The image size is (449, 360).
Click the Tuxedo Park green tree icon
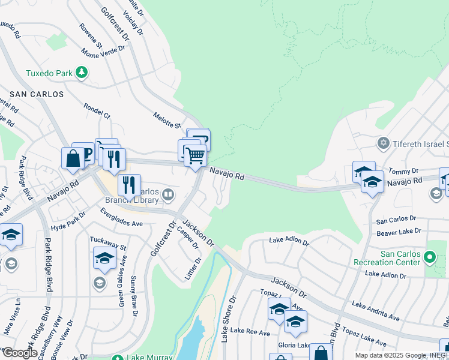[x=82, y=73]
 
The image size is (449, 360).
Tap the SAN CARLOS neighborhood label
[x=36, y=94]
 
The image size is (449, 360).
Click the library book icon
[x=169, y=194]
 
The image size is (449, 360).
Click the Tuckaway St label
[x=108, y=243]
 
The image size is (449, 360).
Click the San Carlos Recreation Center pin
[x=429, y=257]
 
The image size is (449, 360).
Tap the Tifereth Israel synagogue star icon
[x=383, y=143]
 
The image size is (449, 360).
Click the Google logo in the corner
[x=20, y=353]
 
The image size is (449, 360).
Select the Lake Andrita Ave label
[x=375, y=310]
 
